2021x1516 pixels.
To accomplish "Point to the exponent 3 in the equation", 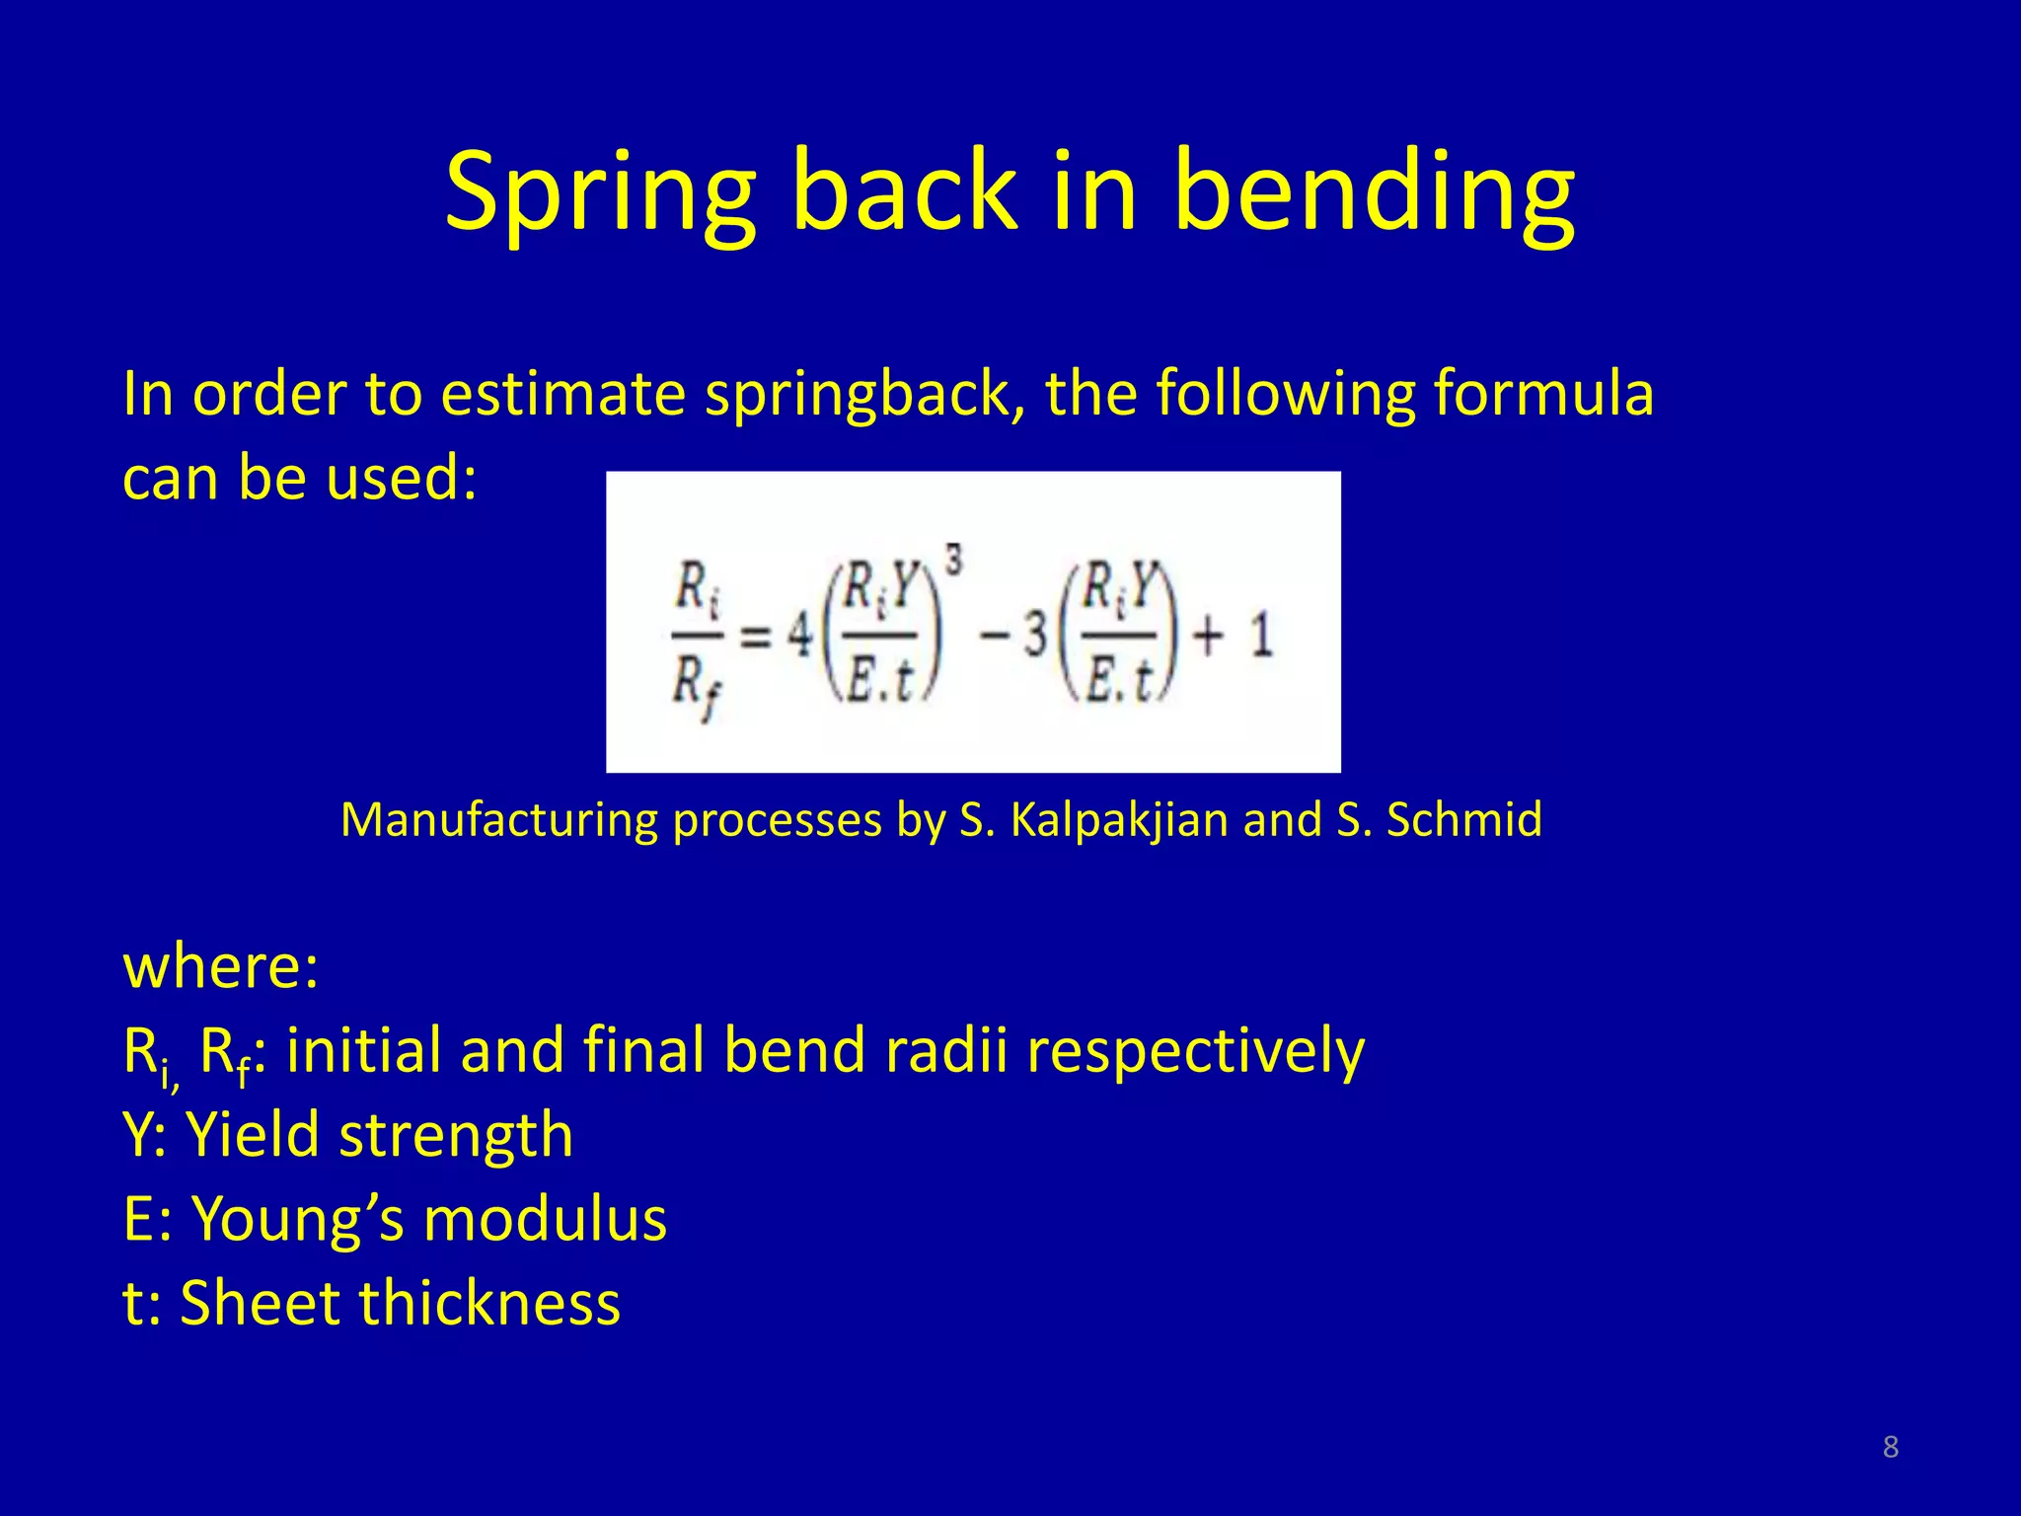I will coord(953,562).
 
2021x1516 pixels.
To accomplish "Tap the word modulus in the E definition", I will coord(545,1219).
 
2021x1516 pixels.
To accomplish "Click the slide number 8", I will coord(1890,1447).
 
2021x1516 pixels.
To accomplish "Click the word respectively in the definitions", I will coord(1195,1050).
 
